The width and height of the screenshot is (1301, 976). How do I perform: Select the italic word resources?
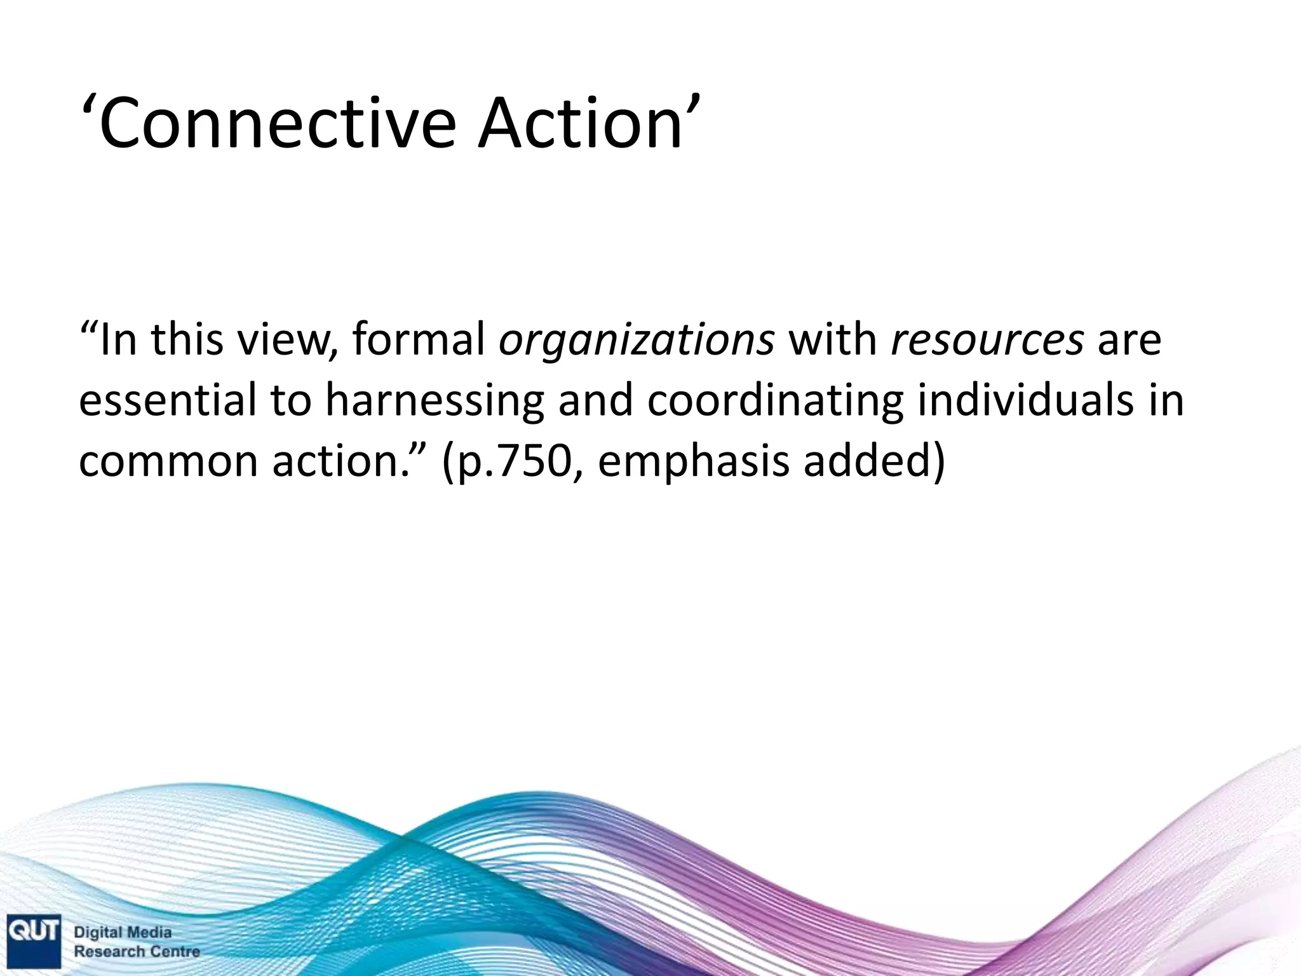(987, 340)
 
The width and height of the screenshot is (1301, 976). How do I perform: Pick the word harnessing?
(435, 402)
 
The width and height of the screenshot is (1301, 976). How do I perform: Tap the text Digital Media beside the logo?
(123, 933)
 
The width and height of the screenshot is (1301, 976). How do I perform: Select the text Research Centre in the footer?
(137, 952)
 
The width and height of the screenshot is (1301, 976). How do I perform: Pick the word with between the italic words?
(832, 340)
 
